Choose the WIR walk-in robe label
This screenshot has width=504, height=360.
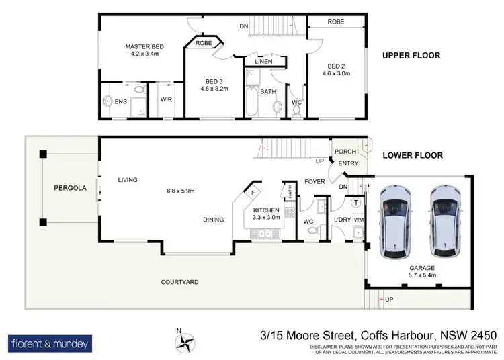coord(165,100)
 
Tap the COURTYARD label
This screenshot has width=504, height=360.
coord(179,282)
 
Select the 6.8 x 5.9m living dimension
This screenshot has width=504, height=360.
coord(181,191)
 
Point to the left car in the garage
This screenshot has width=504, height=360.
coord(396,221)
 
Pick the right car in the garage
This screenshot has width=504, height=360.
coord(444,219)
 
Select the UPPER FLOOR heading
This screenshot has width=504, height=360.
coord(411,56)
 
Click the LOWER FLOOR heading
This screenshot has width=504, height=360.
coord(413,155)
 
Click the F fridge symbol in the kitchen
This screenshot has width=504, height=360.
coord(253,193)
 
